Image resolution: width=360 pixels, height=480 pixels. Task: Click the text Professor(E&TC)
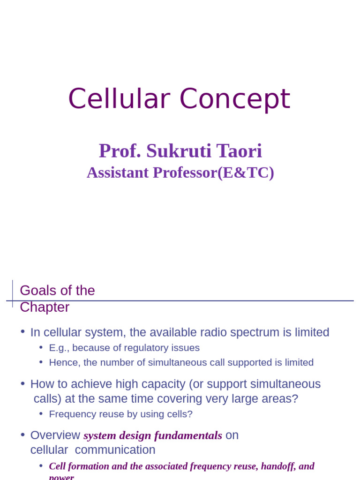213,172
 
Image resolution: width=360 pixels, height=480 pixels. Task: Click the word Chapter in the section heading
45,307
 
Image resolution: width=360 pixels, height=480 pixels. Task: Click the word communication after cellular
115,450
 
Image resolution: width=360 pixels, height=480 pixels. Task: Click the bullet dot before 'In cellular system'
22,331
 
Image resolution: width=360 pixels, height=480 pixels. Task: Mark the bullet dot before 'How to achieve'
22,383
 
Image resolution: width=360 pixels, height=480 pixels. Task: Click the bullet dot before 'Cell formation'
41,465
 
